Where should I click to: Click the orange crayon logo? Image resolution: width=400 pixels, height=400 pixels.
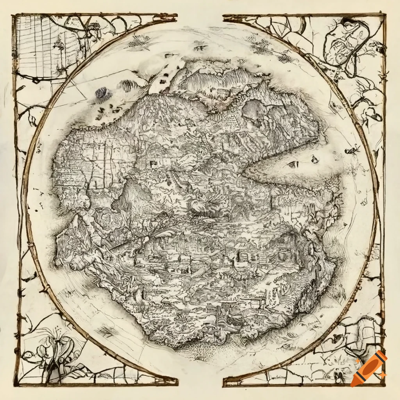pos(368,368)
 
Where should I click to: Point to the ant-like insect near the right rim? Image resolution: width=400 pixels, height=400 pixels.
pos(352,149)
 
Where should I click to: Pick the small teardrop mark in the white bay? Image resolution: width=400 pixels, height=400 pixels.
pos(314,159)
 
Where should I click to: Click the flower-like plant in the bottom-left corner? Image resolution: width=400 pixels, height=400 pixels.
pos(53,344)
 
